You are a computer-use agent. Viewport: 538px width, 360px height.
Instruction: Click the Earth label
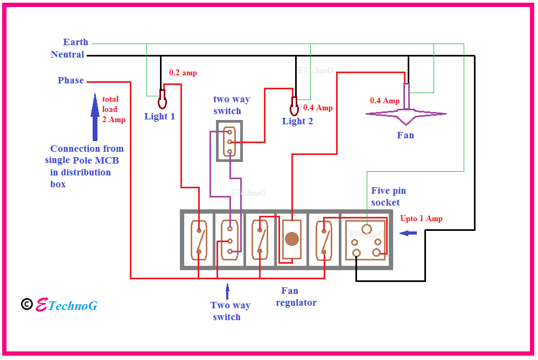(x=75, y=42)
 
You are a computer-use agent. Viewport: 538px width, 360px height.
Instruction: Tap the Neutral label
(x=67, y=54)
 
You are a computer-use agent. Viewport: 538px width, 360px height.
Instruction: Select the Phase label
(x=71, y=80)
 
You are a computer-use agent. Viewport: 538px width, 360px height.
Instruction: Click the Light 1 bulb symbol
(x=162, y=100)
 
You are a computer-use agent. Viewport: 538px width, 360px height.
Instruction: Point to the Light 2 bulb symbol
(x=294, y=107)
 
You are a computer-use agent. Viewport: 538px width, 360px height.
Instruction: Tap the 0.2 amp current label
(x=183, y=73)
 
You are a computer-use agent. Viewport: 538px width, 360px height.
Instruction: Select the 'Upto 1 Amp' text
(x=421, y=218)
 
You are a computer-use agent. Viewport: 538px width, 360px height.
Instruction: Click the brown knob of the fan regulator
(x=292, y=239)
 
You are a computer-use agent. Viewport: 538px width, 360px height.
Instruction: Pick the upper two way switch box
(x=229, y=141)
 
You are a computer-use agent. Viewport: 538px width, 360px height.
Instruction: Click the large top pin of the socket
(x=367, y=229)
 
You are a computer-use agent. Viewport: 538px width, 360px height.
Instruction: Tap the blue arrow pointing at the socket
(x=408, y=233)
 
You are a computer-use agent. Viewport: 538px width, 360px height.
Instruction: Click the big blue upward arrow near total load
(x=95, y=117)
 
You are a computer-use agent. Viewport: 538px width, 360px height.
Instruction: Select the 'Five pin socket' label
(x=388, y=196)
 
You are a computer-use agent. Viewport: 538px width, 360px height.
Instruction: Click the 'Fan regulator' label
(x=296, y=297)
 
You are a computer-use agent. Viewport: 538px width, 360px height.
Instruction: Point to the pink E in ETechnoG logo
(x=41, y=305)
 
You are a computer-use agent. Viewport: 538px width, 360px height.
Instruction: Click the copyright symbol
(x=27, y=304)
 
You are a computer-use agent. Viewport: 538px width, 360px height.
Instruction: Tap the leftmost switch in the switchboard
(x=199, y=240)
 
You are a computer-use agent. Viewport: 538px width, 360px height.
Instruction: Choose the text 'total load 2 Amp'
(x=114, y=109)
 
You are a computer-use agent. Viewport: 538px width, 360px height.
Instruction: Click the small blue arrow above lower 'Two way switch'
(x=227, y=291)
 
